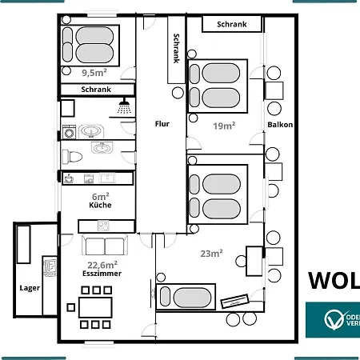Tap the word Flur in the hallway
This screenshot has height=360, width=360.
162,123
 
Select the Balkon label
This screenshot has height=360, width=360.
280,125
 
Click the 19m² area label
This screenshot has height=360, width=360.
223,125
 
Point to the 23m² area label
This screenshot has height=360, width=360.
210,254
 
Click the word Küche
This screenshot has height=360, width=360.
100,206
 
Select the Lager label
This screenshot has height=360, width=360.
30,286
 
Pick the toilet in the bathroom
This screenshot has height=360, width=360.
70,154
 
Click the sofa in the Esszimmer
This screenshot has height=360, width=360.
104,246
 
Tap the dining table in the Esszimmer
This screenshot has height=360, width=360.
95,306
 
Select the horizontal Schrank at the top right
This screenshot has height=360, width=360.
232,25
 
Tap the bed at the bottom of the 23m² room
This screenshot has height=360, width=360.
185,297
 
